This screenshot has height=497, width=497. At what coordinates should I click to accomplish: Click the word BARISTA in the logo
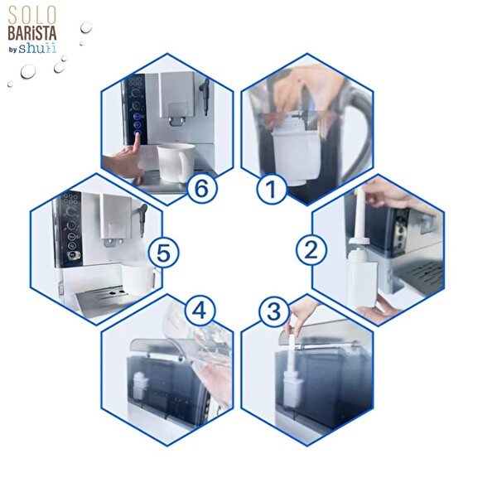[x=32, y=33]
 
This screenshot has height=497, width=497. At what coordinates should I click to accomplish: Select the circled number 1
[x=270, y=190]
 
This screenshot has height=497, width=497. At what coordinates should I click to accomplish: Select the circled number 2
[x=311, y=249]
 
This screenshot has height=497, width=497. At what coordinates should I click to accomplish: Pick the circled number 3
[x=274, y=312]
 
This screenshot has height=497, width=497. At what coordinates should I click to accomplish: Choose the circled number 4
[x=200, y=311]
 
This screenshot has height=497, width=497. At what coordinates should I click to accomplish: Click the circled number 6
[x=199, y=188]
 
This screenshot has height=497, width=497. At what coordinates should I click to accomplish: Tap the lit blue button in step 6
[x=138, y=126]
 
